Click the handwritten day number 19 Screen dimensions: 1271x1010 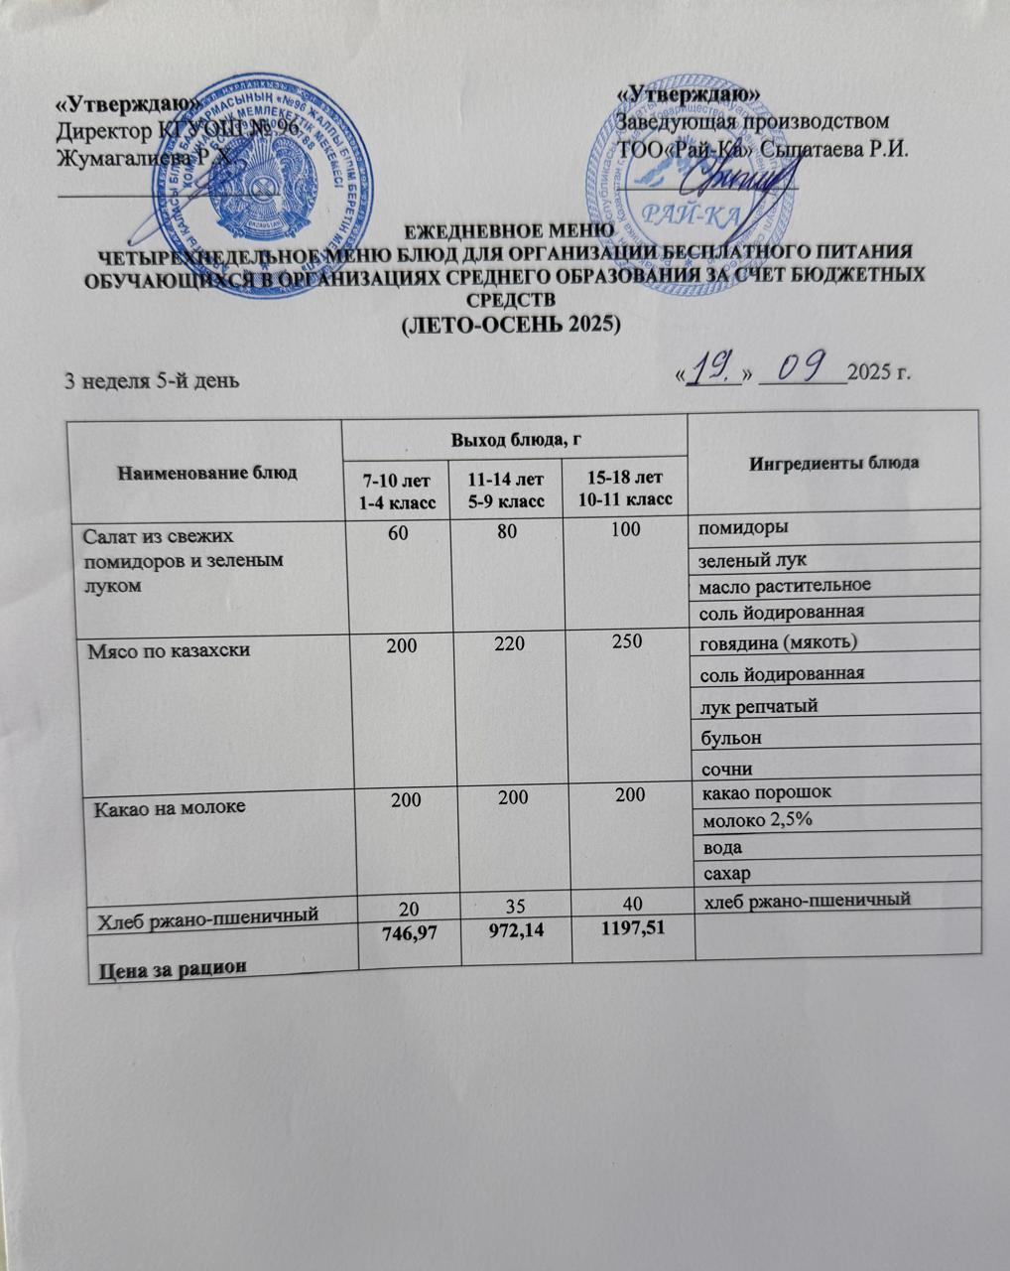(x=712, y=370)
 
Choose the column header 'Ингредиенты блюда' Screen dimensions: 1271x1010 (x=833, y=463)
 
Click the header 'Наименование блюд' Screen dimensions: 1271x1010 (x=206, y=472)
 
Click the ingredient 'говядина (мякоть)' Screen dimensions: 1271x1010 (x=779, y=642)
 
